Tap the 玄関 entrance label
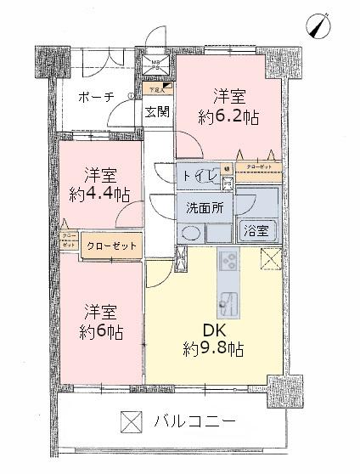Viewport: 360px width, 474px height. [x=156, y=111]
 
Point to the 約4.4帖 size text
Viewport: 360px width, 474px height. [x=100, y=195]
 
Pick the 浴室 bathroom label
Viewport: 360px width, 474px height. [x=256, y=230]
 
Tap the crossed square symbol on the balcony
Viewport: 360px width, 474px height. [x=128, y=420]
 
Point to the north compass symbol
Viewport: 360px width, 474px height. [x=321, y=25]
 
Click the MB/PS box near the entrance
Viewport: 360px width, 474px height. [x=156, y=66]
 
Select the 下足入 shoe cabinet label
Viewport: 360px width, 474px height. [x=156, y=88]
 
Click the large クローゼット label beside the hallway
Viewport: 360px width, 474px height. [x=112, y=245]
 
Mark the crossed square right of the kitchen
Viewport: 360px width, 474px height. [x=270, y=258]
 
